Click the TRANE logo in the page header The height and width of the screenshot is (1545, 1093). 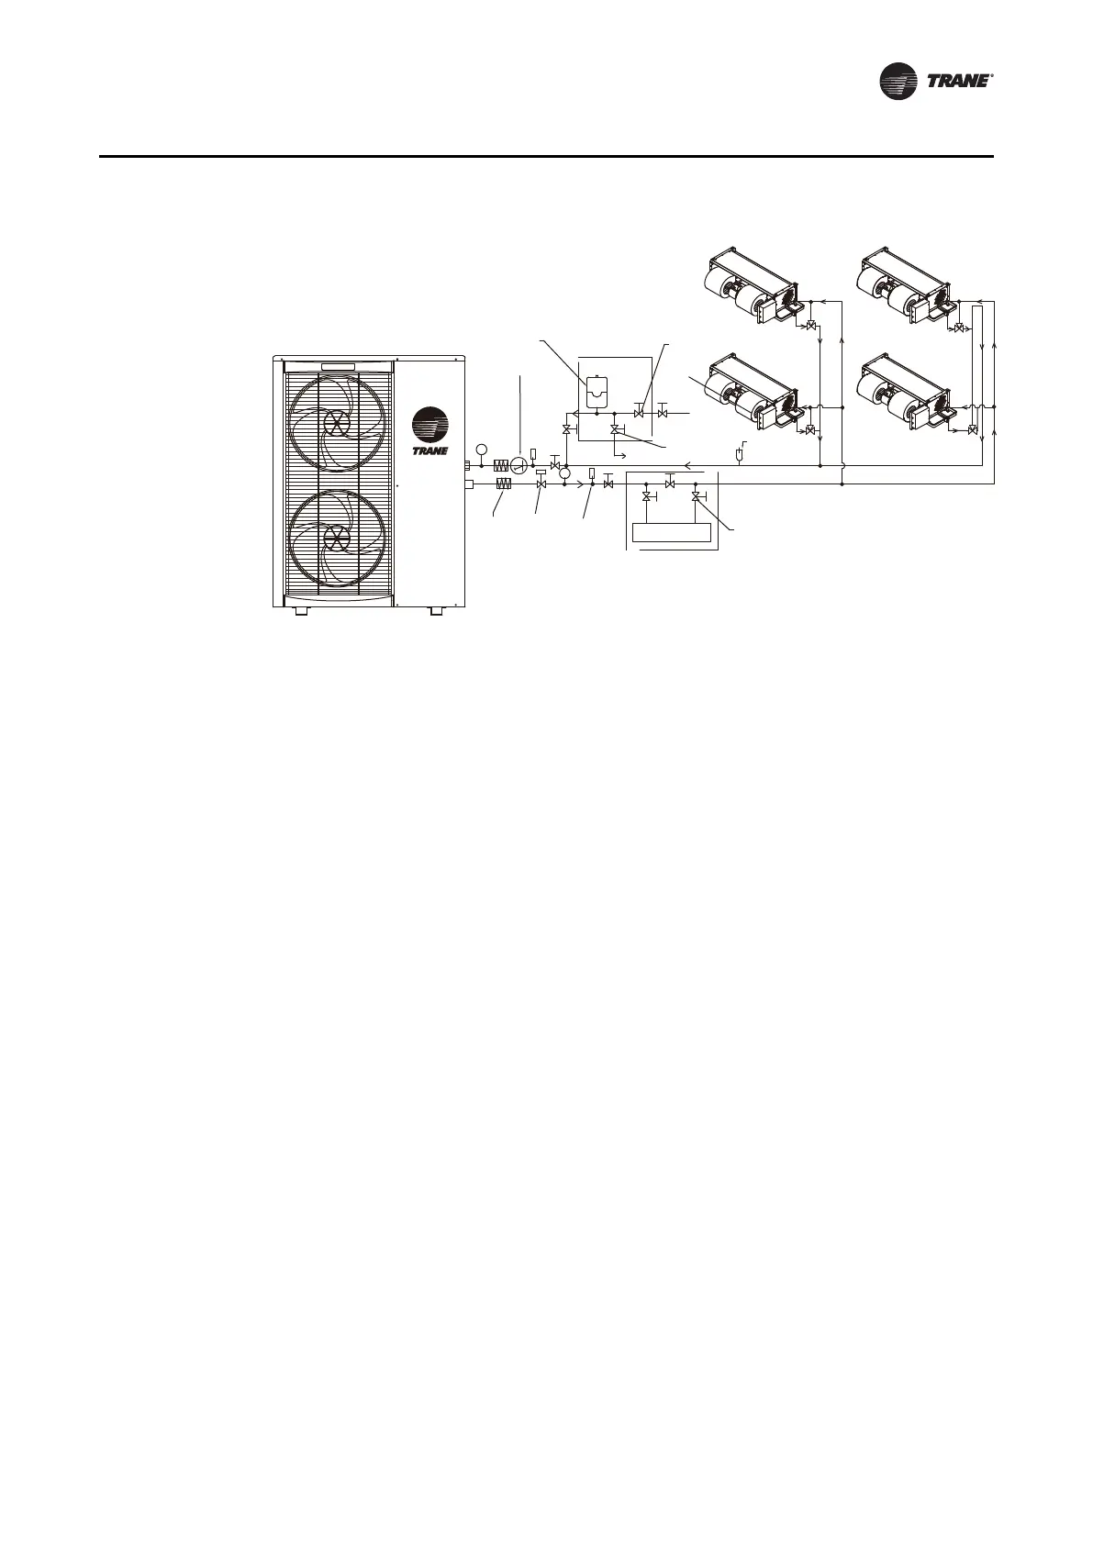tap(937, 81)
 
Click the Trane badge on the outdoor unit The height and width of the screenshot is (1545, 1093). tap(429, 431)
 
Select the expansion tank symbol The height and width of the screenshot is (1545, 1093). tap(597, 391)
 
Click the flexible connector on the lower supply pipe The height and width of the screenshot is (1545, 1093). tap(502, 484)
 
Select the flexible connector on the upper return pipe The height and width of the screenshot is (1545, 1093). tap(501, 465)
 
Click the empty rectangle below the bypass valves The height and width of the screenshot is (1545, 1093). tap(672, 532)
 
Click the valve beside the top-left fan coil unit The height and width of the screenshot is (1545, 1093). tap(811, 326)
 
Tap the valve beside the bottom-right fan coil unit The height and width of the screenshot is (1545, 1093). tap(972, 429)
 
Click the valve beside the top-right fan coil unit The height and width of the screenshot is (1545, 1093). tap(959, 328)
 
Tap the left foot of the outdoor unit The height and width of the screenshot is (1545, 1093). tap(301, 610)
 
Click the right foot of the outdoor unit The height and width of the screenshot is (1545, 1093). tap(436, 610)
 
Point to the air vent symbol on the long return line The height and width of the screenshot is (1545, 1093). tap(740, 453)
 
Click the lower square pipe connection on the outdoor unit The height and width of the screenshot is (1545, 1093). tap(468, 484)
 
